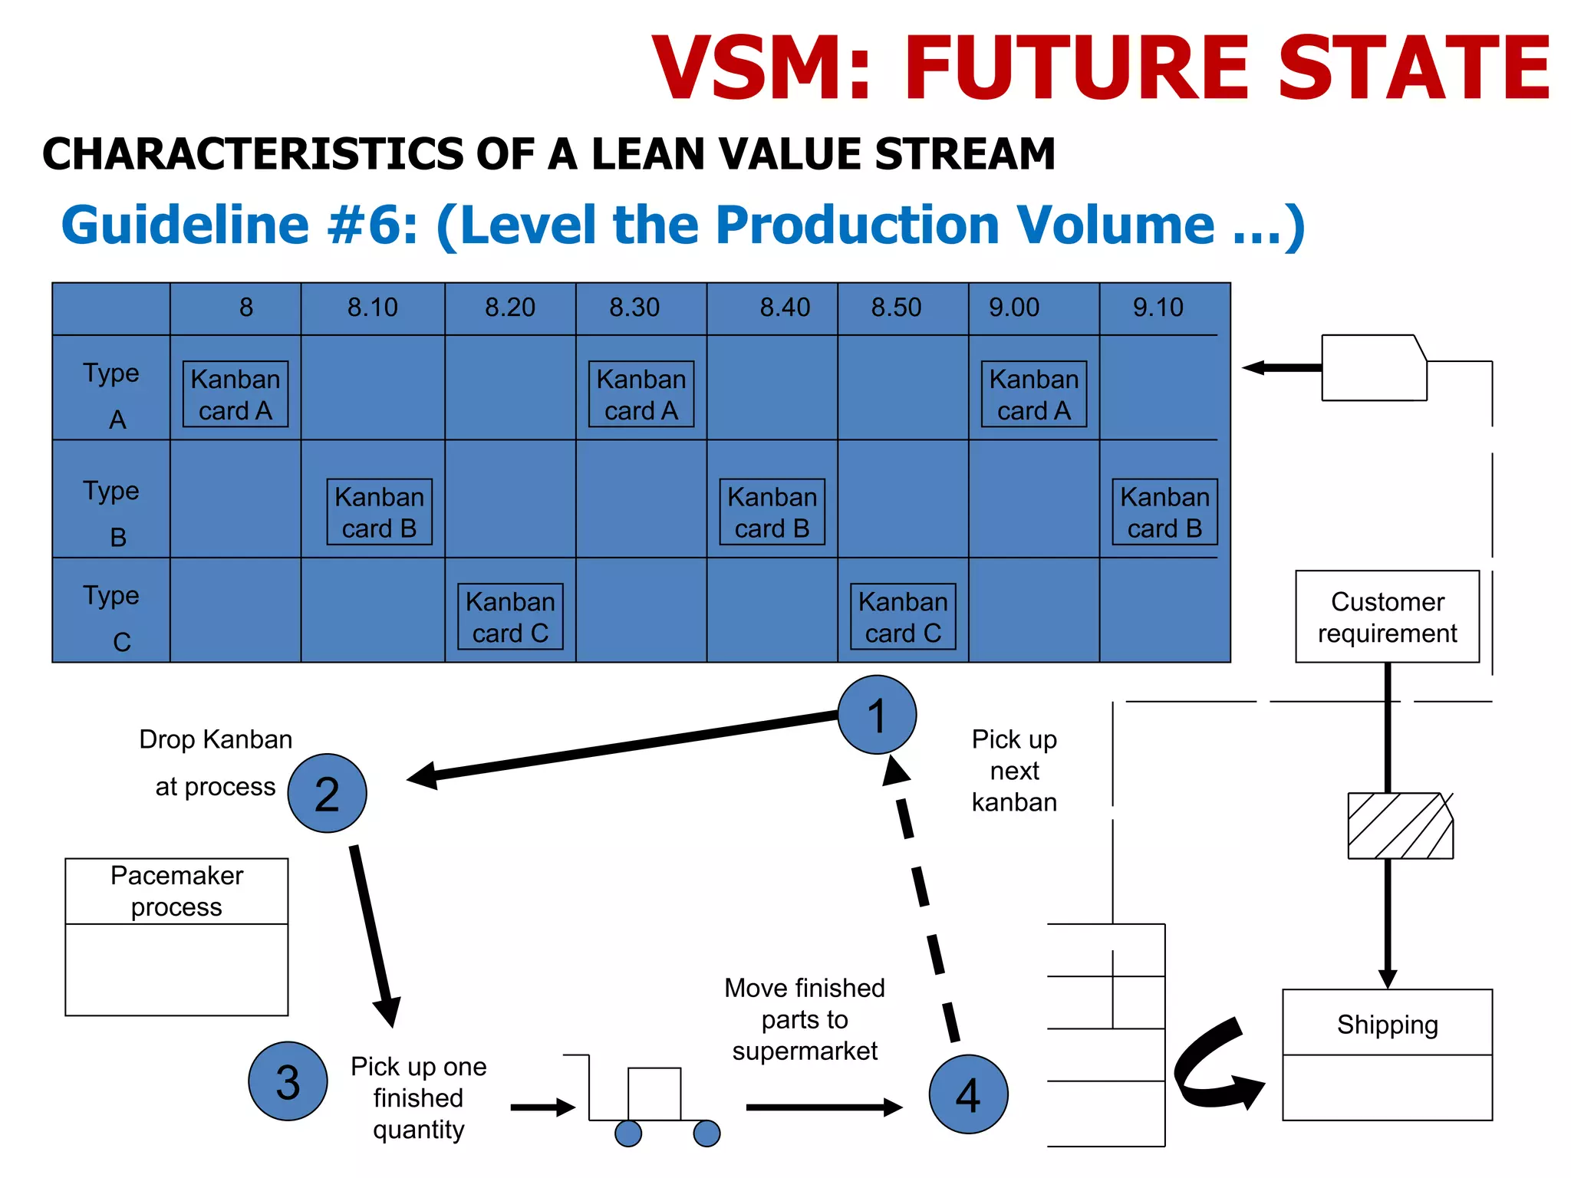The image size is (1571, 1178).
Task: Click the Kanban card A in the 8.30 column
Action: [641, 394]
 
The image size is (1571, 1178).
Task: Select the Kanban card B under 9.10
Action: [1164, 512]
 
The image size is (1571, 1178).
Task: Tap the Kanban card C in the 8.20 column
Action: [510, 617]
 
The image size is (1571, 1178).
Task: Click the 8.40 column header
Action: [784, 308]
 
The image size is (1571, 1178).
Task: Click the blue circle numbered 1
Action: [876, 715]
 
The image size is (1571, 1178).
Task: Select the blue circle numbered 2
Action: [327, 793]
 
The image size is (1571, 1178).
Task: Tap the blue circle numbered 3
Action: [288, 1081]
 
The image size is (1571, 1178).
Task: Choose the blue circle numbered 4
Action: [968, 1094]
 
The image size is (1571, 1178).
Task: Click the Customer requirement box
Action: [1387, 617]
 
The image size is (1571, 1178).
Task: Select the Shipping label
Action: [1387, 1025]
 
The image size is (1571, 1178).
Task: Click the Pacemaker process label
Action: [176, 891]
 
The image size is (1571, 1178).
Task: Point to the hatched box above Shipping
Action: [1399, 826]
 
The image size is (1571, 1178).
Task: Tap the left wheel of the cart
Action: [628, 1133]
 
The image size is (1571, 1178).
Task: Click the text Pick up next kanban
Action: [1014, 771]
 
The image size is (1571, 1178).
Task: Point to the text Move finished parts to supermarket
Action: [805, 1019]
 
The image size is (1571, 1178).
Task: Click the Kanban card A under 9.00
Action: [1034, 394]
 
